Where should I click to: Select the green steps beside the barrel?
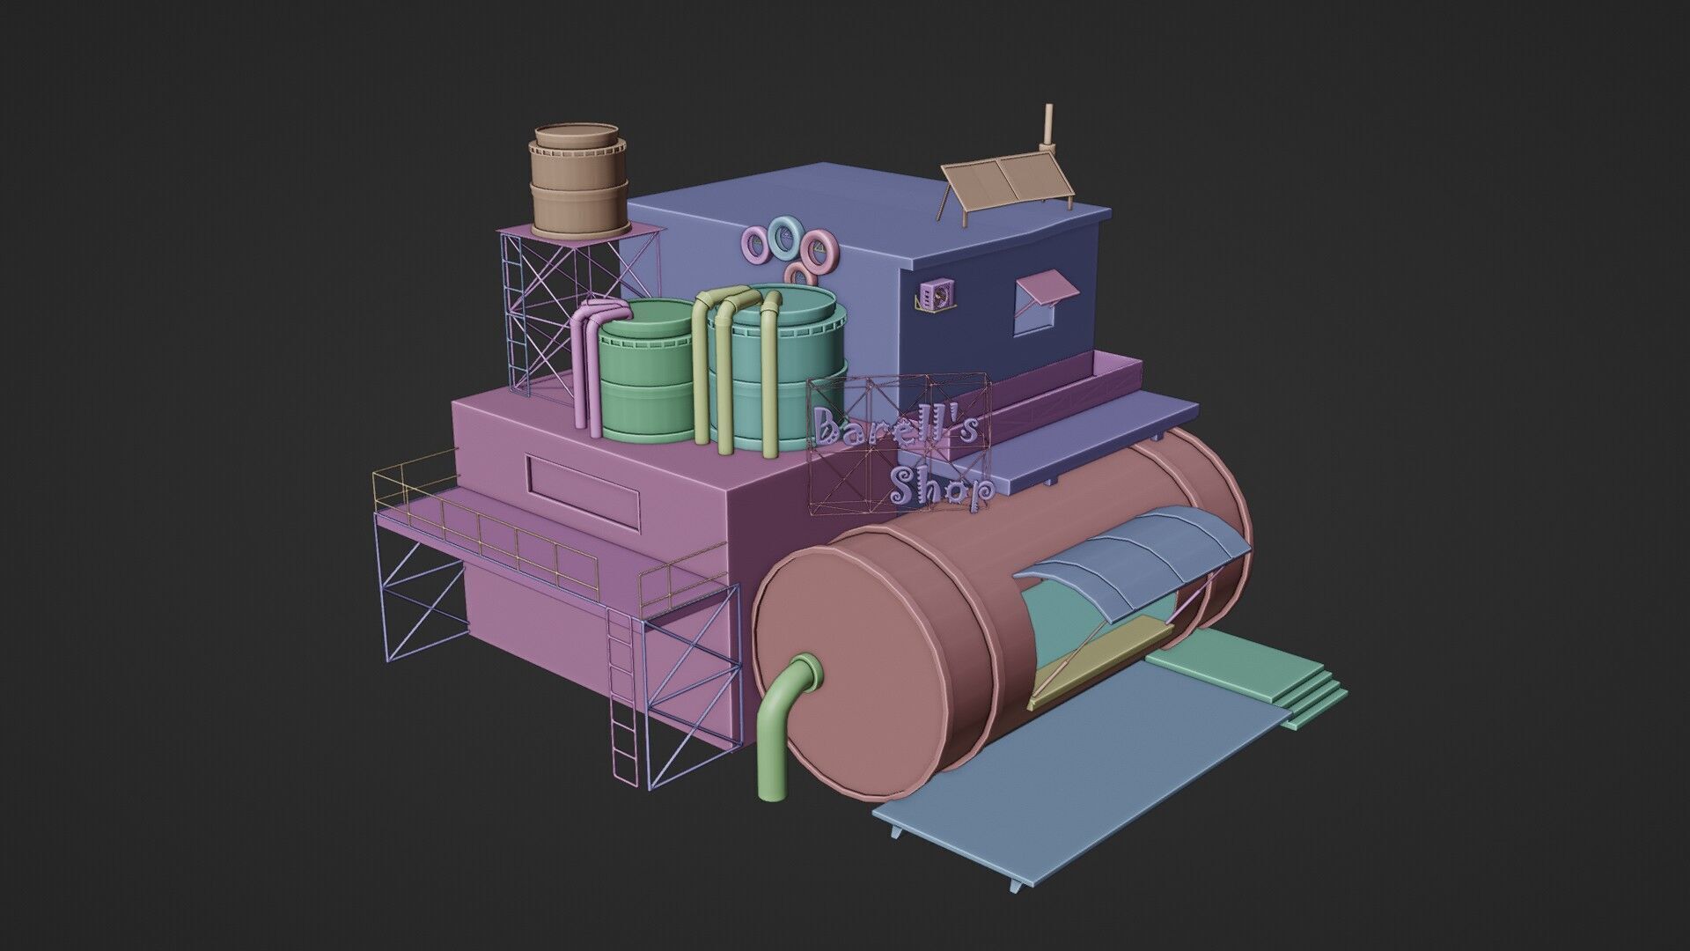click(1250, 678)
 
